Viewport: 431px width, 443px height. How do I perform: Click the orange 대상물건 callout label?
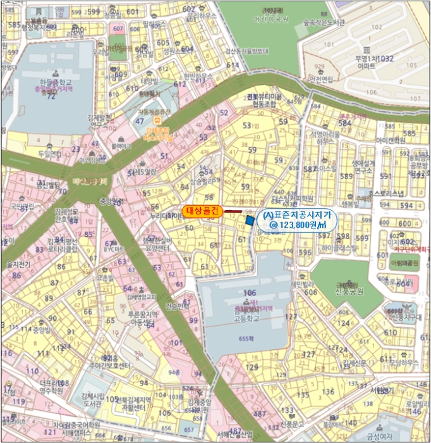[202, 211]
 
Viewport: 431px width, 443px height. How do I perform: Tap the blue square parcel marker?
[250, 220]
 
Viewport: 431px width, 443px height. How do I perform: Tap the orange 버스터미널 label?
[159, 120]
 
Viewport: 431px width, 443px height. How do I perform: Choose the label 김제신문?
[355, 363]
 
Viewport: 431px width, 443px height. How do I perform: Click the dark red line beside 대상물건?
[233, 211]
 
